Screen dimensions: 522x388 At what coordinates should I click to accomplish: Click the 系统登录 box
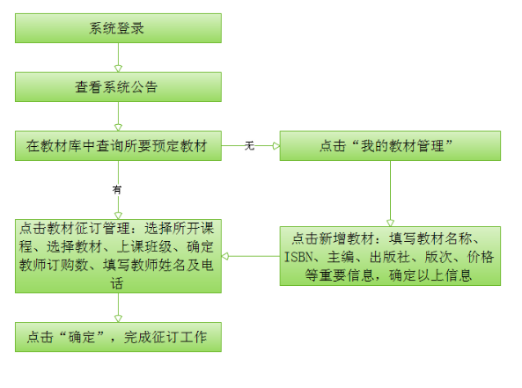[118, 28]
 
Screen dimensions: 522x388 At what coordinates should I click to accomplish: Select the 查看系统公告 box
[118, 87]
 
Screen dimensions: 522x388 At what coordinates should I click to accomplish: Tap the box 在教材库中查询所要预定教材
[118, 146]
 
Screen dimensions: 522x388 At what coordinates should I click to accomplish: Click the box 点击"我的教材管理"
[390, 146]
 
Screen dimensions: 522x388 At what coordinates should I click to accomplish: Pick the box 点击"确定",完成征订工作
[118, 337]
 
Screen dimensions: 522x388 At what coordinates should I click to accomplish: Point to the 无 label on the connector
[249, 146]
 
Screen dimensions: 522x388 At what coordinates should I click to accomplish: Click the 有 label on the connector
[117, 190]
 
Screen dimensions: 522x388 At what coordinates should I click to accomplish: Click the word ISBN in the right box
[299, 257]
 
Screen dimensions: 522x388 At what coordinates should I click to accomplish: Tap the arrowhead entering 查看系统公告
[118, 69]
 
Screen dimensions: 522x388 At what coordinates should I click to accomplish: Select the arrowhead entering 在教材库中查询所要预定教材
[118, 128]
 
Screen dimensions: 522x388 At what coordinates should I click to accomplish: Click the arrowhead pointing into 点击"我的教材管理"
[276, 146]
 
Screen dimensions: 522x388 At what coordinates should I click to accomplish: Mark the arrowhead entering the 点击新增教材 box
[390, 223]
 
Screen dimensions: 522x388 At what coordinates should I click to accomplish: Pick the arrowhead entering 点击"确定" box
[118, 318]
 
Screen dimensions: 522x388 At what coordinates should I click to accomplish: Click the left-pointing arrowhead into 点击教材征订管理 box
[225, 256]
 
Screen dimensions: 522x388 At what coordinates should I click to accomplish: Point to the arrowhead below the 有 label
[118, 216]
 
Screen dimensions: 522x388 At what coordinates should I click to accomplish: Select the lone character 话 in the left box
[117, 283]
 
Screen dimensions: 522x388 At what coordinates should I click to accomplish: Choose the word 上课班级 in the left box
[144, 246]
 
